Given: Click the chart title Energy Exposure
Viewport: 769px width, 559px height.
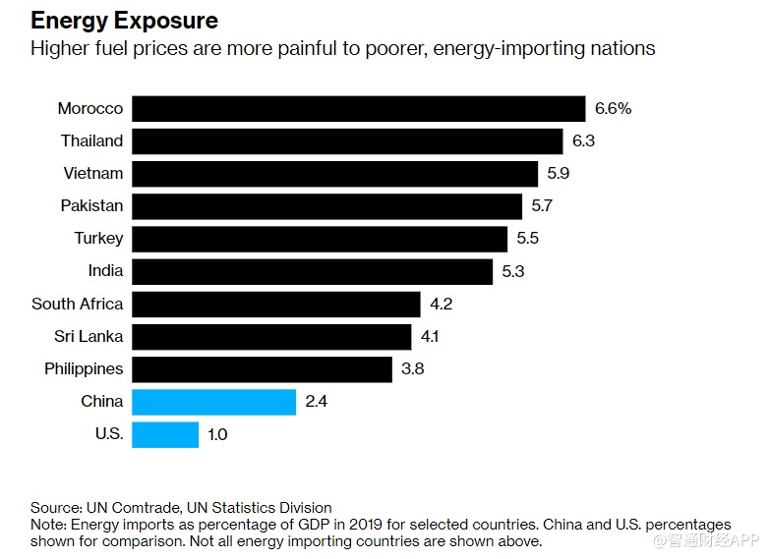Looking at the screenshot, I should click(x=124, y=20).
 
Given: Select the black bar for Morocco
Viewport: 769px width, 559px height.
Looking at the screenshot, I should click(x=359, y=108).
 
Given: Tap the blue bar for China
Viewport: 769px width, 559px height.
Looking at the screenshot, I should click(x=213, y=402).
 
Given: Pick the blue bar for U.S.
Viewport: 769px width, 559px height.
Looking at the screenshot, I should click(x=165, y=434).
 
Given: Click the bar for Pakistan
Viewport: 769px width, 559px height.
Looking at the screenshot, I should click(x=326, y=206).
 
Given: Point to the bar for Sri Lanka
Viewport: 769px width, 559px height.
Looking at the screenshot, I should click(x=271, y=337).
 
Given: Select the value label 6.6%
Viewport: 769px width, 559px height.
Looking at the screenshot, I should click(x=613, y=108).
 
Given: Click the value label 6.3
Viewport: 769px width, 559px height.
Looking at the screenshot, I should click(x=584, y=141).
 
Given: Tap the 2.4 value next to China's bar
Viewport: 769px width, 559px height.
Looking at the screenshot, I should click(x=318, y=402).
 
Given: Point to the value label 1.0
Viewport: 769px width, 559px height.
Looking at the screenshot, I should click(x=217, y=434).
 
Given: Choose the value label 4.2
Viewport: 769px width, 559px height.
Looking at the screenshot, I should click(x=441, y=304).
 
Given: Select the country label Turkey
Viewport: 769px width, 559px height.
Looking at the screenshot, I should click(x=98, y=239).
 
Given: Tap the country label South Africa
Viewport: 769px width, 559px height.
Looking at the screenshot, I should click(x=78, y=304).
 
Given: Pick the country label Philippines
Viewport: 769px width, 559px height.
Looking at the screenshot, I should click(x=84, y=369).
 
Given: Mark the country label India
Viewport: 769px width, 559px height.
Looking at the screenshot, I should click(x=105, y=271).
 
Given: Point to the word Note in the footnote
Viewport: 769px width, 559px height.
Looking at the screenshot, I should click(x=47, y=525).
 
